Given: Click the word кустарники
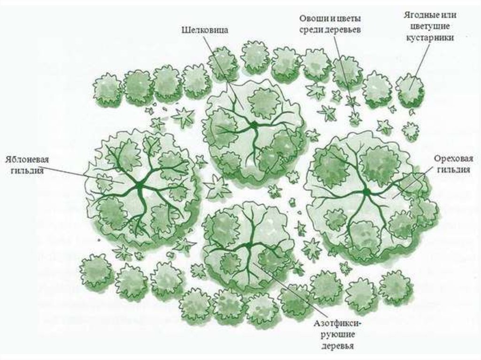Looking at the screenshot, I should point(430,38).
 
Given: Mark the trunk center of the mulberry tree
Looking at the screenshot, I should point(254,125).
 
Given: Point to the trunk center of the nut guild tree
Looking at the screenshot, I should point(366,191).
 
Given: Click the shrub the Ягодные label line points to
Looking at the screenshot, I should point(410,88).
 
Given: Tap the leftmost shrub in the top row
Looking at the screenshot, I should point(108,89).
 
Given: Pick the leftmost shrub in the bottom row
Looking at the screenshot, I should point(96,271).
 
